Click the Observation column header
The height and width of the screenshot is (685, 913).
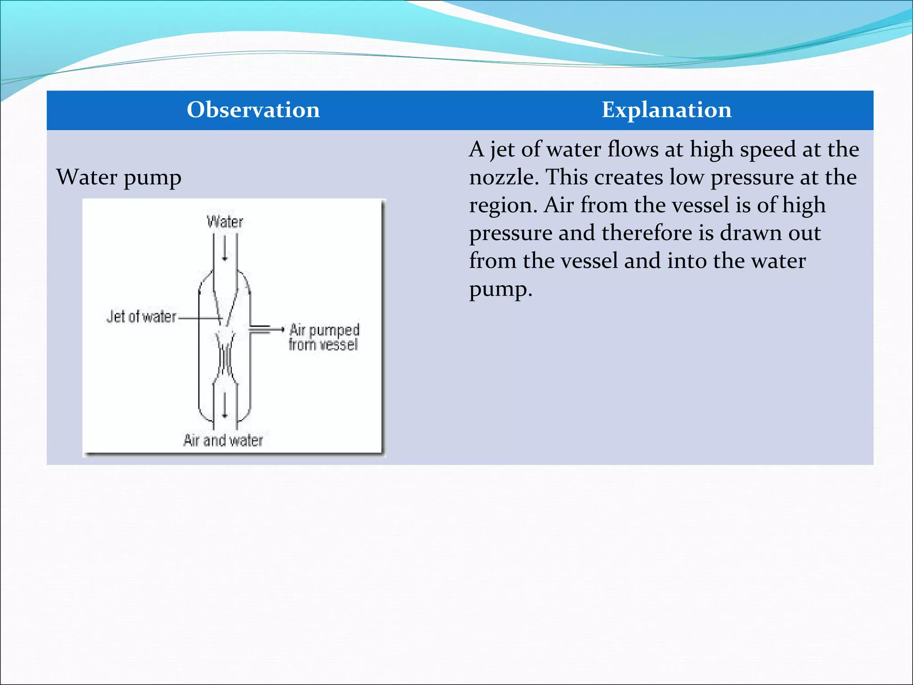(253, 110)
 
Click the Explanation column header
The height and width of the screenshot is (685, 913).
(666, 110)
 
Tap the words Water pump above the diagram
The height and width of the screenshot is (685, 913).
(119, 177)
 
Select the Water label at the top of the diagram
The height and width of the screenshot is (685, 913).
(225, 222)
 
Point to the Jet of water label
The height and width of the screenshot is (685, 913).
(141, 317)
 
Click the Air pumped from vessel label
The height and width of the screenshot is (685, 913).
(324, 337)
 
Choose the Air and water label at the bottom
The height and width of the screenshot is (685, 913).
(223, 441)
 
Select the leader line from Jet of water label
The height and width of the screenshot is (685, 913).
(198, 318)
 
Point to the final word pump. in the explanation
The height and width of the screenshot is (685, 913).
(500, 289)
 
